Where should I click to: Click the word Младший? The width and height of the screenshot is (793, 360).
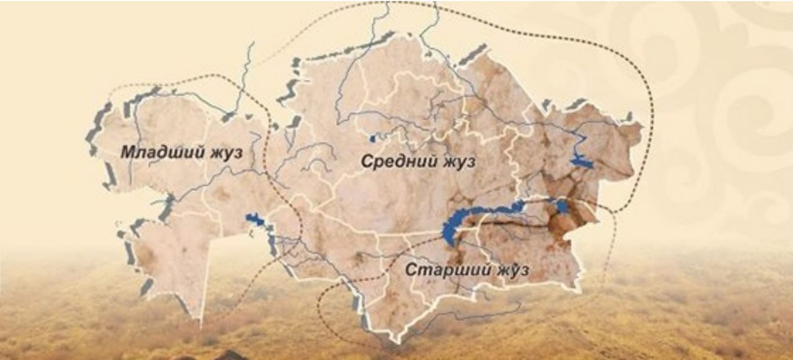pyautogui.click(x=158, y=152)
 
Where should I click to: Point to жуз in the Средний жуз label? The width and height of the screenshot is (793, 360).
pyautogui.click(x=458, y=162)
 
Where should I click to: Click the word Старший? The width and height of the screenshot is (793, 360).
pyautogui.click(x=442, y=270)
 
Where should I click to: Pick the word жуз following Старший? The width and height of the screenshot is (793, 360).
pyautogui.click(x=507, y=270)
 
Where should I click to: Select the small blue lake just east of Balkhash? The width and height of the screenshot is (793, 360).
pyautogui.click(x=562, y=206)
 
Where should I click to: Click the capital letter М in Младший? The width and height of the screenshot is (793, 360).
pyautogui.click(x=126, y=152)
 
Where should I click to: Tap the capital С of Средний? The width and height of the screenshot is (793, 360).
pyautogui.click(x=366, y=162)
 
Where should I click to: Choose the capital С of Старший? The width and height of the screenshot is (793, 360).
pyautogui.click(x=410, y=270)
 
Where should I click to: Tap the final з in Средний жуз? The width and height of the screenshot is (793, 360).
pyautogui.click(x=471, y=162)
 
